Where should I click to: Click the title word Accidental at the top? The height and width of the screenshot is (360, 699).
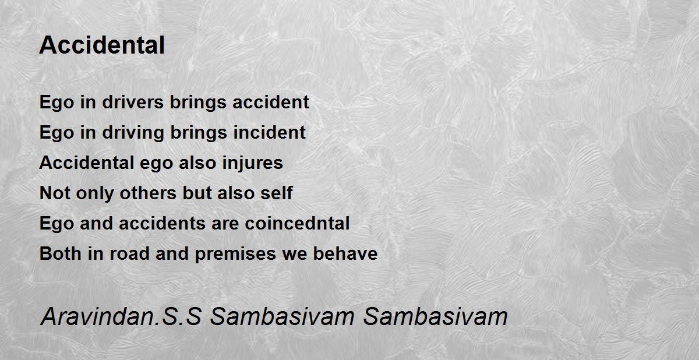coord(102,45)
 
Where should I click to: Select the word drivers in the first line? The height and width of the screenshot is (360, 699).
coord(133,102)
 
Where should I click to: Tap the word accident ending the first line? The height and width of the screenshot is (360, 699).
coord(270,102)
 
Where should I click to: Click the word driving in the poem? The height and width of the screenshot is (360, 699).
coord(133,133)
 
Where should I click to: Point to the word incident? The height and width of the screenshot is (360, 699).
coord(269,132)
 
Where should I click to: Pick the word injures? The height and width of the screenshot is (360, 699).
coord(252,163)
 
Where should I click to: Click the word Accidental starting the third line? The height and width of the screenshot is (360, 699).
coord(86,162)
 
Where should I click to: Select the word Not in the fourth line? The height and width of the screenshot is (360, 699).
coord(55,193)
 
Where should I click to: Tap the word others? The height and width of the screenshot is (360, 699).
coord(148,192)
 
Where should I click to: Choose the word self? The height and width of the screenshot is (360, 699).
coord(277,192)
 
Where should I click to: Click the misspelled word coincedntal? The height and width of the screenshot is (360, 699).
coord(297,223)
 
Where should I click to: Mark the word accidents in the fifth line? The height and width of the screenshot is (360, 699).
coord(162,223)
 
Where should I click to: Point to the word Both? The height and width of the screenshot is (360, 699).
coord(60,253)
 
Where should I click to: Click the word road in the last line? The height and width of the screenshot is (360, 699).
coord(129,253)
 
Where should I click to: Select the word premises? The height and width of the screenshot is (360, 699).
coord(235,254)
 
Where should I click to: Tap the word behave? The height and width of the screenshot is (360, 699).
coord(345,253)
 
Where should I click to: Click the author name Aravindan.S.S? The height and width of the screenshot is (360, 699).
coord(121,316)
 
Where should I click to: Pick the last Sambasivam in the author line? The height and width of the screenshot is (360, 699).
coord(435,316)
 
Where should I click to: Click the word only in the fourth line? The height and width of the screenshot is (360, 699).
coord(95,193)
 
